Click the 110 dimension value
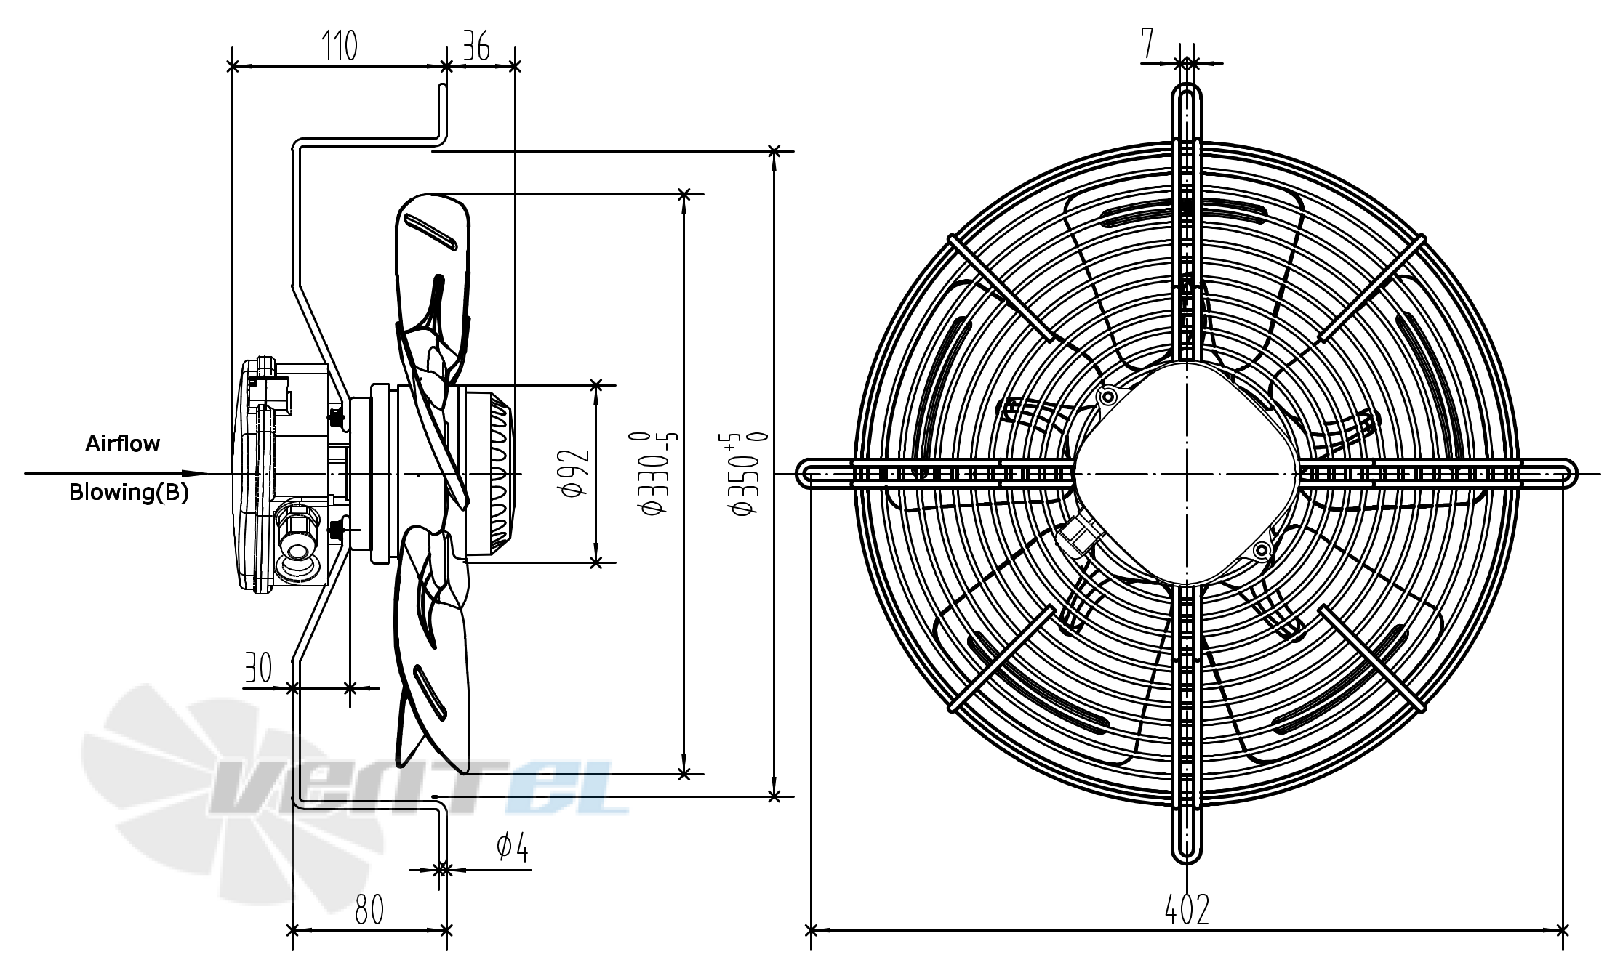(340, 46)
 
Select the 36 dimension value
(476, 46)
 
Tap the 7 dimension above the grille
(1147, 43)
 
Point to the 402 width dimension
(1187, 909)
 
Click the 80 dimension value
(369, 909)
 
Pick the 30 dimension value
(258, 667)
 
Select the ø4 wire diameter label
(513, 847)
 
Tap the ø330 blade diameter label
(655, 473)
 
